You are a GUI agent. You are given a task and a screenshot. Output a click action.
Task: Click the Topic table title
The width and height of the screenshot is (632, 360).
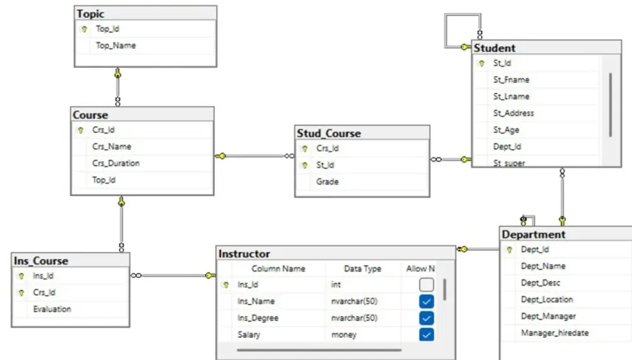pos(91,14)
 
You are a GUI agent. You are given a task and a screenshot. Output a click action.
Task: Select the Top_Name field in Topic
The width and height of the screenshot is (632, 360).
pos(116,45)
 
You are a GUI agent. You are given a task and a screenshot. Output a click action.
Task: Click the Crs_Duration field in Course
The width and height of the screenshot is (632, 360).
pos(116,163)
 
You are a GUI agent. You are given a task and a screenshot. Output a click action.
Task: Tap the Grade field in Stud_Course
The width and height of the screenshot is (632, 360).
pos(327,181)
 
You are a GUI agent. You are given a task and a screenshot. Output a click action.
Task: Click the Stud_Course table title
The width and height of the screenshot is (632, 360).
pos(329,133)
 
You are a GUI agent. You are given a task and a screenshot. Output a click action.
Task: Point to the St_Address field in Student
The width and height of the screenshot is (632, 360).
pos(513,113)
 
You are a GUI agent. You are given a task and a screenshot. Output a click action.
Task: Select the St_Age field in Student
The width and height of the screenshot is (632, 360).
pos(506,130)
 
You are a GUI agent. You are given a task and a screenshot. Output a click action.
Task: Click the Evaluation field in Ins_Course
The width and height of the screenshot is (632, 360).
pos(52,309)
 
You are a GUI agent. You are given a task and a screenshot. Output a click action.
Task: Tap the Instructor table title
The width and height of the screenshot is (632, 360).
pos(244,254)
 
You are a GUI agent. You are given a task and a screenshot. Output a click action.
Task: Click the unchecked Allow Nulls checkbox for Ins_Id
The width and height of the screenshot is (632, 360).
pos(427,284)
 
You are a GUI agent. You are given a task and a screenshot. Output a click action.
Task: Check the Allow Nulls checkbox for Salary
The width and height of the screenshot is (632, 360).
pos(427,335)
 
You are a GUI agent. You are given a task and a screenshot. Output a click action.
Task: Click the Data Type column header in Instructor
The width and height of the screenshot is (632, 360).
pos(363,268)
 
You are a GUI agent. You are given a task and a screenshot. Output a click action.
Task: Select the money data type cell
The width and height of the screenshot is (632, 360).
pos(344,335)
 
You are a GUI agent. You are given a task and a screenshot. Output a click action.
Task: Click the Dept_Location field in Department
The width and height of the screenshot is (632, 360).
pos(547,299)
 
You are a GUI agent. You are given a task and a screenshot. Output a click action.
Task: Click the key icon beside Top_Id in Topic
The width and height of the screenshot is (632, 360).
pos(83,29)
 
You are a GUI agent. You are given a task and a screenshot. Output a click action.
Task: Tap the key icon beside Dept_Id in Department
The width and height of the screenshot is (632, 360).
pos(509,249)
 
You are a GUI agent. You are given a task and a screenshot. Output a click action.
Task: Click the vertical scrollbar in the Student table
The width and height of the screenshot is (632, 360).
pos(610,104)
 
